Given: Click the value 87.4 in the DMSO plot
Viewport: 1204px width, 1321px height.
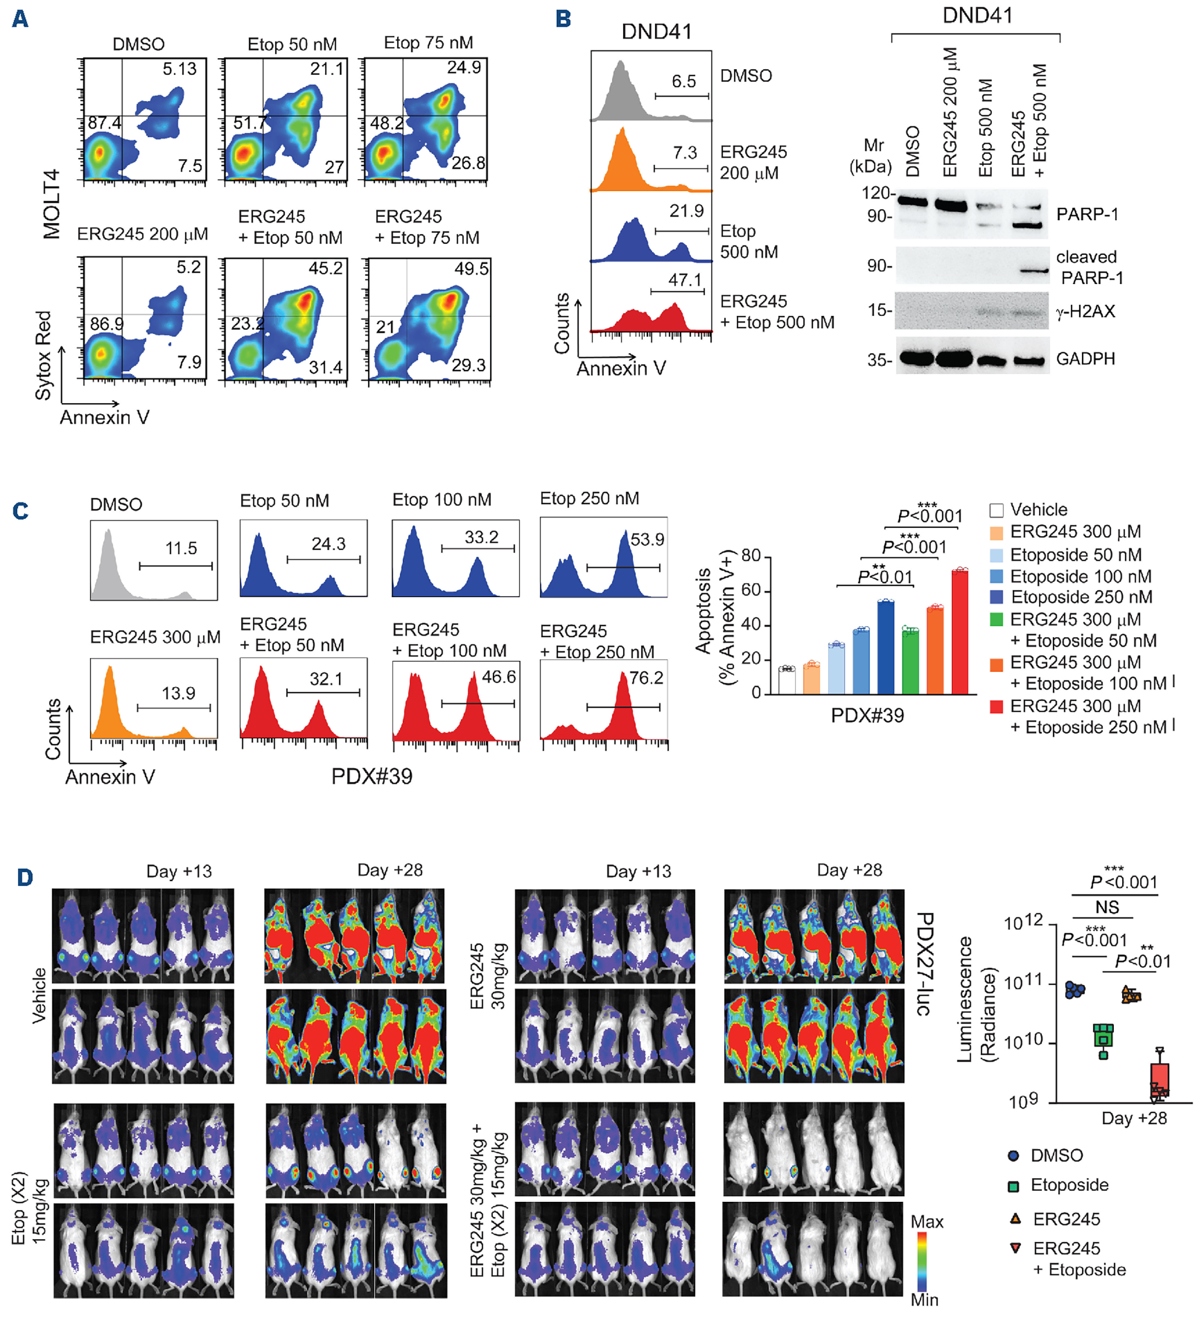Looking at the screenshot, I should [x=104, y=123].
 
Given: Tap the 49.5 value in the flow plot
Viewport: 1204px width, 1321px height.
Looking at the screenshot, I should [x=471, y=269].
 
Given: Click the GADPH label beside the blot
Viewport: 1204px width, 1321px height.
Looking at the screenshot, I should [x=1085, y=359].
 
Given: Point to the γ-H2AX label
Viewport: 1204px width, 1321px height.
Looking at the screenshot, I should [x=1085, y=311].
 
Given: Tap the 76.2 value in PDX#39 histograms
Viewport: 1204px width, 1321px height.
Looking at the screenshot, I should [x=646, y=678].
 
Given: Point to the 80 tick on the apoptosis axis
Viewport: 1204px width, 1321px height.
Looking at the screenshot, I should [x=751, y=556].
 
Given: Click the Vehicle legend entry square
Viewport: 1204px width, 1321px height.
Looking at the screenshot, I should [x=996, y=510].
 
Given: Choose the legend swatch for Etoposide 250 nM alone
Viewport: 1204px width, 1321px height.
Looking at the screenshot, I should [x=996, y=597].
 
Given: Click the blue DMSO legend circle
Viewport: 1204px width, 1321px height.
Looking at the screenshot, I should [x=1013, y=1155].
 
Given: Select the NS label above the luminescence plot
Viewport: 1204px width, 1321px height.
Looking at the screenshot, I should [x=1107, y=907].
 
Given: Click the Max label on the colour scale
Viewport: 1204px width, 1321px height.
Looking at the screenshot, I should [x=926, y=1222].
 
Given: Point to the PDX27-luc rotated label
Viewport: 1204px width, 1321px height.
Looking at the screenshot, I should [x=924, y=963].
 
